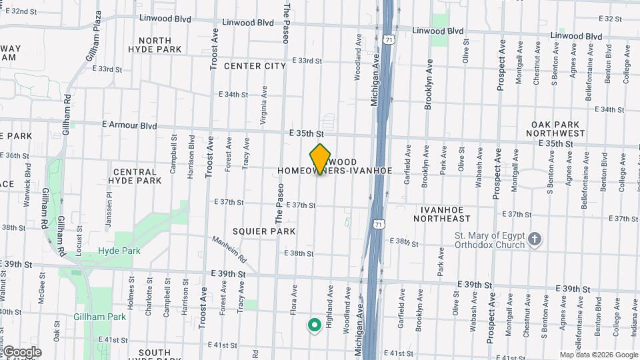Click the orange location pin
point(321,158)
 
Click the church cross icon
point(534,239)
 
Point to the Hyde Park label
point(110,251)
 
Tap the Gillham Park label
point(100,317)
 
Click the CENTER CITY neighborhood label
point(255,66)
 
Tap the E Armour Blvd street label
point(129,125)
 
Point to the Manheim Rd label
point(229,249)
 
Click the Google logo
point(21,352)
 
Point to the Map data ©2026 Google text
point(598,355)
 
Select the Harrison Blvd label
point(191,157)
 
